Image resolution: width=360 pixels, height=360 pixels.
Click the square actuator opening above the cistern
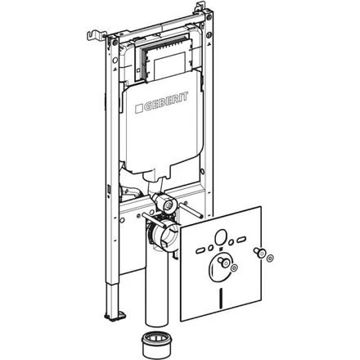point(168,65)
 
